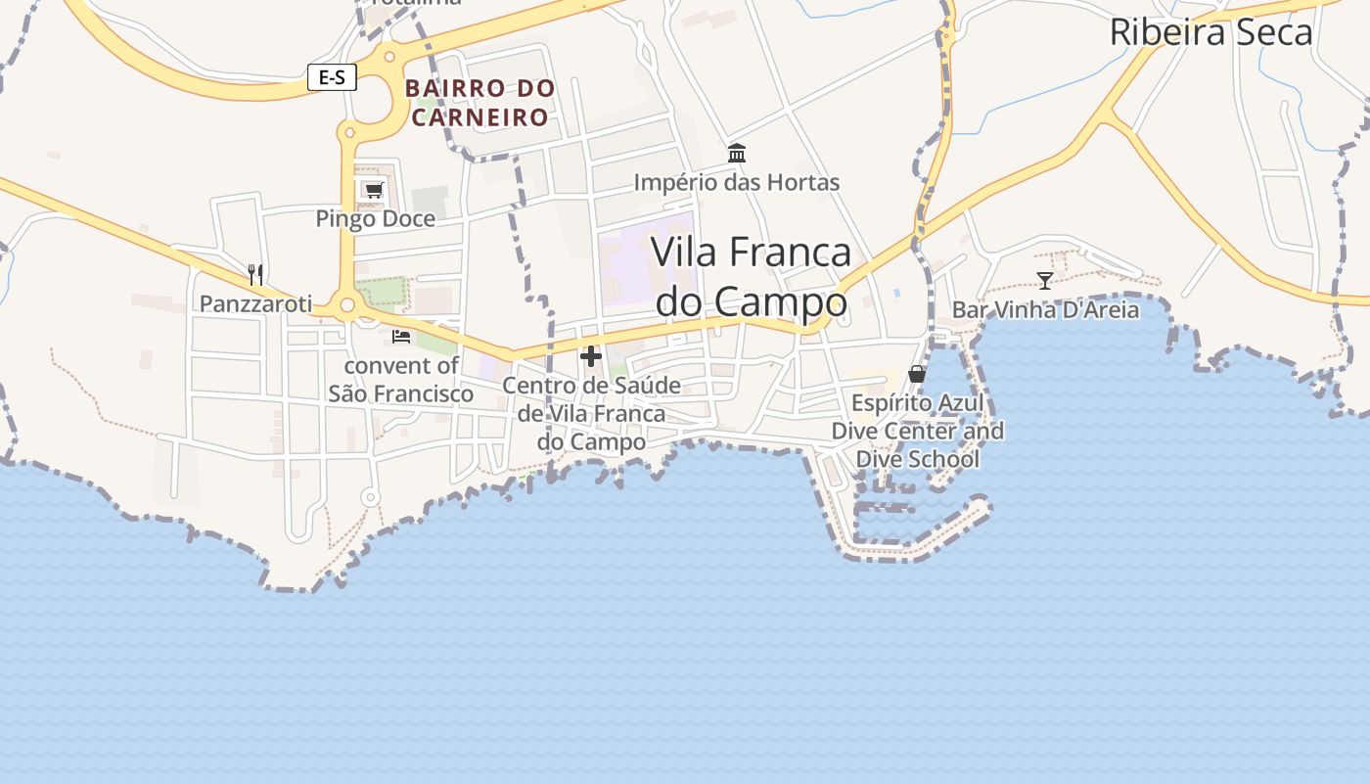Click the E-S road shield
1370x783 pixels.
(332, 77)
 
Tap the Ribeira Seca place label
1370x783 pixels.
(1210, 32)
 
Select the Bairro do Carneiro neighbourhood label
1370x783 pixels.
(479, 102)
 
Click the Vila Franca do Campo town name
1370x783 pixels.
(751, 277)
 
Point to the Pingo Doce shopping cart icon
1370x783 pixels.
(373, 190)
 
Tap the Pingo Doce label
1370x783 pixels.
(375, 218)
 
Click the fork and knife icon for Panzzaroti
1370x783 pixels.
(255, 274)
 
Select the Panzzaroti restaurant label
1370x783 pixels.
(255, 304)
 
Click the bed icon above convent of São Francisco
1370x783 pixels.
(400, 337)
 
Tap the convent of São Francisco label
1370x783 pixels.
(400, 380)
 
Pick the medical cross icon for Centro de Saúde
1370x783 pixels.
(591, 356)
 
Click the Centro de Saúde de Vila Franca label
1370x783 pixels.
(591, 413)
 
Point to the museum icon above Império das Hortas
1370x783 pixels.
(737, 154)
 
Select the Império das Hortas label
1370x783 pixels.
(737, 182)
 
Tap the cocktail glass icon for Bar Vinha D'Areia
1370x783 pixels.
(1045, 281)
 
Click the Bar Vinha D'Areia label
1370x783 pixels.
(1045, 310)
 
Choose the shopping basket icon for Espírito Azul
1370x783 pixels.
(917, 374)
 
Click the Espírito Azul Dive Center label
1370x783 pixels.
(917, 431)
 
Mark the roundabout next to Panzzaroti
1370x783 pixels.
(346, 306)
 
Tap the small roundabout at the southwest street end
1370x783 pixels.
(370, 498)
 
